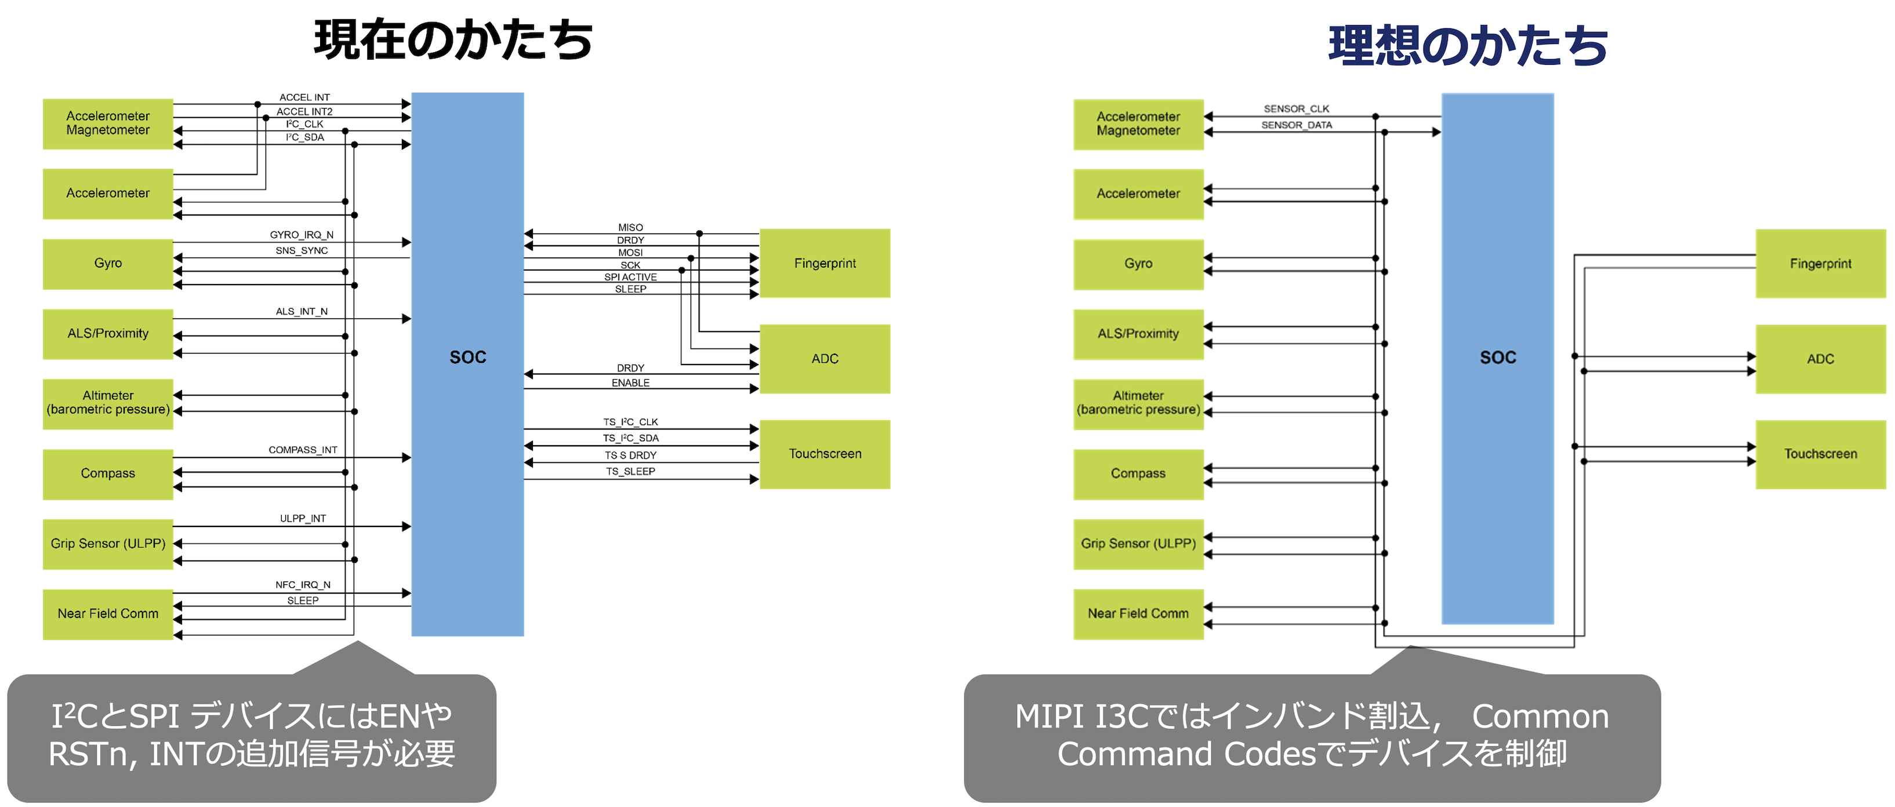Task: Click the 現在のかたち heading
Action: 453,40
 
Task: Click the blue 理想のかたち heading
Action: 1468,46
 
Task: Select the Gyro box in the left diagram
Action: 107,263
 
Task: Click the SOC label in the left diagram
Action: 468,358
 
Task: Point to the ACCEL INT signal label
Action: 304,97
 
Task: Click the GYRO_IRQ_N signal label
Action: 301,235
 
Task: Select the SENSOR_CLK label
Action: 1296,109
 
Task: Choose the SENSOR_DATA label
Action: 1296,125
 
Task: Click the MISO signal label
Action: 630,227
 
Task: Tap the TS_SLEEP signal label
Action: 630,471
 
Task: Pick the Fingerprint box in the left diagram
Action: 825,263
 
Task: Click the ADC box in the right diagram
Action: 1820,359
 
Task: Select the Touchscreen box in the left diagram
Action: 825,454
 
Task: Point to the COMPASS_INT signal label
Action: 302,449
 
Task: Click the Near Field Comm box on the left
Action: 107,613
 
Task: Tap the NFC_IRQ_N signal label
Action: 302,585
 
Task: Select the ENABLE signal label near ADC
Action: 630,383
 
